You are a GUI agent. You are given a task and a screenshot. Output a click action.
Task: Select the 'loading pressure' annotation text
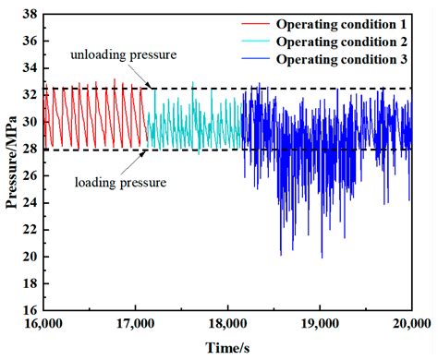119,183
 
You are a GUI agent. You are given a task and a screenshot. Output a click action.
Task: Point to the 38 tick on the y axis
30,15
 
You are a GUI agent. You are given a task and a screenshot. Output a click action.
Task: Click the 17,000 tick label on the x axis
136,324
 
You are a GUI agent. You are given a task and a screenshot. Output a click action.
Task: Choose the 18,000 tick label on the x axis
227,324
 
